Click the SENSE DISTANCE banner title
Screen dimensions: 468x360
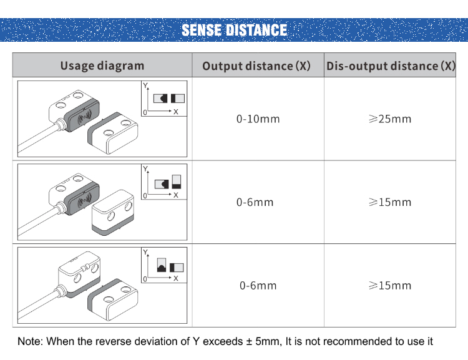pyautogui.click(x=234, y=30)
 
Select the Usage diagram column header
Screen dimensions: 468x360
pyautogui.click(x=102, y=66)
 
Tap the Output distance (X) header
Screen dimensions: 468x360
pyautogui.click(x=256, y=66)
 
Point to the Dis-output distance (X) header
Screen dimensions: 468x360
pyautogui.click(x=391, y=66)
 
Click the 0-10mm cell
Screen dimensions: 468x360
pyautogui.click(x=258, y=119)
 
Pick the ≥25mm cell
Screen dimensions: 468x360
pyautogui.click(x=390, y=119)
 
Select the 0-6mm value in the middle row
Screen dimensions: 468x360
pyautogui.click(x=255, y=202)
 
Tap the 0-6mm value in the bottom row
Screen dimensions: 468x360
pyautogui.click(x=258, y=286)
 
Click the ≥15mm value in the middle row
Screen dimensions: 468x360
pyautogui.click(x=390, y=202)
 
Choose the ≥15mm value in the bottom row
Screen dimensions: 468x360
pyautogui.click(x=390, y=285)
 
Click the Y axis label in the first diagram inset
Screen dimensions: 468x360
pyautogui.click(x=145, y=85)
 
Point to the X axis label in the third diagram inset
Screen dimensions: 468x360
pyautogui.click(x=176, y=278)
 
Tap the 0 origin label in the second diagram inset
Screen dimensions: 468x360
pyautogui.click(x=145, y=196)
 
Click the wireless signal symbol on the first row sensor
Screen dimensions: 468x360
pyautogui.click(x=84, y=118)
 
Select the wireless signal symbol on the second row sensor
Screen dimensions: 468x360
pyautogui.click(x=84, y=201)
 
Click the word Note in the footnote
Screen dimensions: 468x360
pyautogui.click(x=29, y=341)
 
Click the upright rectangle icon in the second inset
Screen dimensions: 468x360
pyautogui.click(x=177, y=182)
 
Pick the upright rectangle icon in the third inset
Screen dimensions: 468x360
pyautogui.click(x=162, y=265)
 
